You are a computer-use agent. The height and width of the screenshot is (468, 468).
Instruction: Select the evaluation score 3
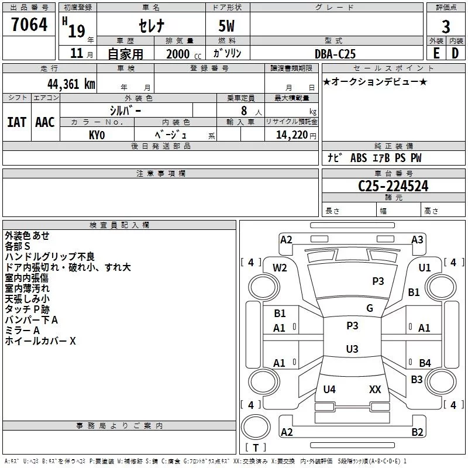point(446,27)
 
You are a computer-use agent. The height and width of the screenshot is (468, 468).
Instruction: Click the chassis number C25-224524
point(393,186)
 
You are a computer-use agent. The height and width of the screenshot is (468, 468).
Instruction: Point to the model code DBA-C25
point(336,53)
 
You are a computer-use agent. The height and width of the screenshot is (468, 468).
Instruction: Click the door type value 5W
point(228,27)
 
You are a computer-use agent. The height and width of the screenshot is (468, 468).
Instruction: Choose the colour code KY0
point(97,135)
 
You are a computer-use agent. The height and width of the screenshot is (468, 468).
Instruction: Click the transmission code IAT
point(16,122)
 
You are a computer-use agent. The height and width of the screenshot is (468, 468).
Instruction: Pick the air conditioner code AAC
point(44,122)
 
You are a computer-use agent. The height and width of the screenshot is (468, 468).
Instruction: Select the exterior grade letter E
point(436,53)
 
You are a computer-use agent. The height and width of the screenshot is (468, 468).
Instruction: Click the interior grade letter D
point(455,53)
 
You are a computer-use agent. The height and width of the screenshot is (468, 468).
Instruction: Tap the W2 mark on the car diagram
point(280,268)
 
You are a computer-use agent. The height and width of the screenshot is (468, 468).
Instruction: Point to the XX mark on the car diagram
point(375,389)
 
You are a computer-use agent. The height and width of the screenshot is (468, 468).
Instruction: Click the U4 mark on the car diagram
point(329,389)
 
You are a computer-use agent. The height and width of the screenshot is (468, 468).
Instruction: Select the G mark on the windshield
point(369,308)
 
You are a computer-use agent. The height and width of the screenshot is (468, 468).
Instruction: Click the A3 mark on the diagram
point(417,240)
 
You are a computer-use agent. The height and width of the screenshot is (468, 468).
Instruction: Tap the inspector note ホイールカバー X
point(40,341)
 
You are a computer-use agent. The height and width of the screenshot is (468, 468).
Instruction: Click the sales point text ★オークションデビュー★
point(375,81)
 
